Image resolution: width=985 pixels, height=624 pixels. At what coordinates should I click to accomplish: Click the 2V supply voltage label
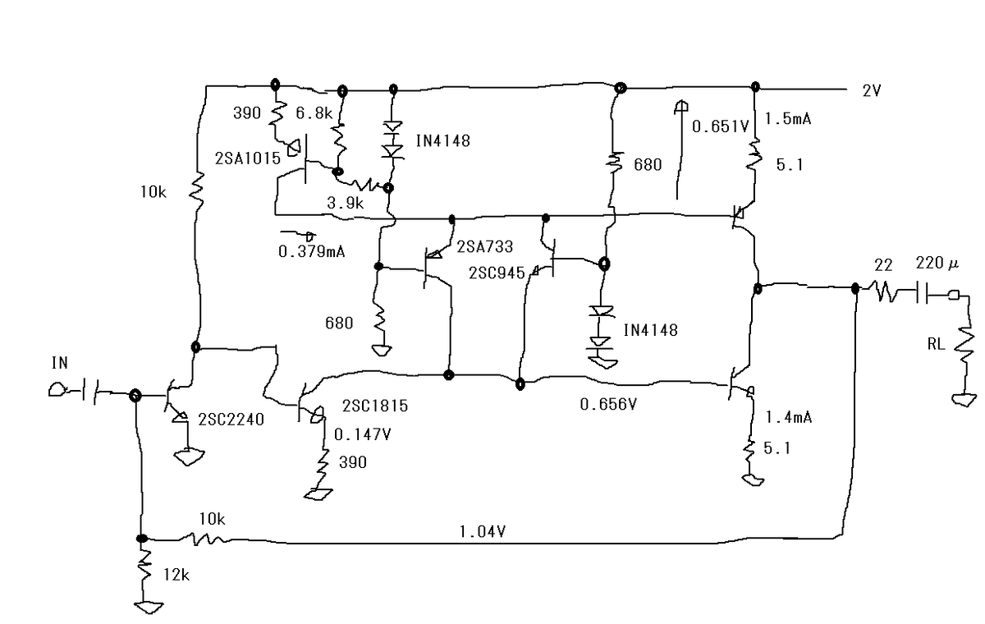point(872,90)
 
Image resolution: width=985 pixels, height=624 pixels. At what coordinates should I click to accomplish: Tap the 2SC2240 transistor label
point(231,420)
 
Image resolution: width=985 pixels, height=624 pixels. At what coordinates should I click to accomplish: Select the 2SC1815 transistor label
point(375,406)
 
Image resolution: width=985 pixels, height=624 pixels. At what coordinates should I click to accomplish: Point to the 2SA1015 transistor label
point(248,158)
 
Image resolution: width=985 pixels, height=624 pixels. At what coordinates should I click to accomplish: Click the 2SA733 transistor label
point(484,246)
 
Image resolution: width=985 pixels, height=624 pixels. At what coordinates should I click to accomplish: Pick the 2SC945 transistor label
point(497,273)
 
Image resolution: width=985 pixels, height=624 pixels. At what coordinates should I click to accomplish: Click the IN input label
point(60,363)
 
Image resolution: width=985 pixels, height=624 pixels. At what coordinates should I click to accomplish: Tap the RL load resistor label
point(937,344)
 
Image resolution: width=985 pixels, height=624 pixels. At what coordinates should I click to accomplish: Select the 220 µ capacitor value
point(937,264)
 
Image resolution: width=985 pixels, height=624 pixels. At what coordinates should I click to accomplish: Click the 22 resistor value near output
point(883,265)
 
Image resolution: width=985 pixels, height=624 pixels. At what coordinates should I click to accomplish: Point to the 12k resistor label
point(176,574)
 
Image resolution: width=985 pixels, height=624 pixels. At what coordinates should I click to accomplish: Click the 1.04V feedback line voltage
point(483,532)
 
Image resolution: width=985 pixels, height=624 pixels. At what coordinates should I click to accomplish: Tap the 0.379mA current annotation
point(312,251)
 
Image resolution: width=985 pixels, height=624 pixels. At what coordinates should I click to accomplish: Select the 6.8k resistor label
point(314,113)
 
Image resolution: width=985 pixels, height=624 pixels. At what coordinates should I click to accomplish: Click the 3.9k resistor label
point(346,203)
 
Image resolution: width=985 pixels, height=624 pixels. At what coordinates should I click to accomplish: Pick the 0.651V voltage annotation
point(721,126)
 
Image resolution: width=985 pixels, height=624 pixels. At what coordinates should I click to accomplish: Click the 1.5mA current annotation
point(788,118)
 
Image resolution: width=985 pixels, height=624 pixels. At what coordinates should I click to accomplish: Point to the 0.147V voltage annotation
point(362,434)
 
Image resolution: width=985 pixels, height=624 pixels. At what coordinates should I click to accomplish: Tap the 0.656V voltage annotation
point(608,404)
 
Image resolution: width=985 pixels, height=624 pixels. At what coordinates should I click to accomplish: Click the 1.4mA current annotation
point(789,417)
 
